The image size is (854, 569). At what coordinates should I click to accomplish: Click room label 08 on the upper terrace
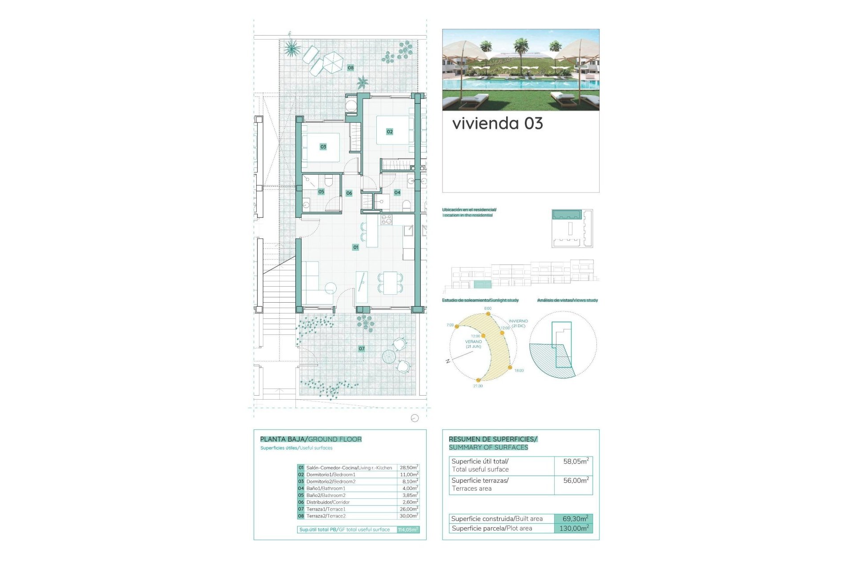(350, 68)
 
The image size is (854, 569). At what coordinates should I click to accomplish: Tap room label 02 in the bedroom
(390, 132)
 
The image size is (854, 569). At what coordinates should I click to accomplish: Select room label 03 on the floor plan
(323, 147)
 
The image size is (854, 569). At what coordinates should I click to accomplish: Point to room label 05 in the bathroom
(321, 192)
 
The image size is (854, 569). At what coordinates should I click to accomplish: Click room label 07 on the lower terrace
(362, 349)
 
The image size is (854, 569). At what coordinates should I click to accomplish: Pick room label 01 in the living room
(355, 247)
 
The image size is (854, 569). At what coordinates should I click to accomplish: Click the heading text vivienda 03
(497, 124)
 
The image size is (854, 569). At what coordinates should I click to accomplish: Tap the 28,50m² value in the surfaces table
(408, 468)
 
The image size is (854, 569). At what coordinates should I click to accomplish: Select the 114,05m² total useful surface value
(408, 529)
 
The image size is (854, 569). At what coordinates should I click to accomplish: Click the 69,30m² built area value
(575, 519)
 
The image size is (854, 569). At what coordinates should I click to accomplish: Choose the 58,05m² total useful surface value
(576, 461)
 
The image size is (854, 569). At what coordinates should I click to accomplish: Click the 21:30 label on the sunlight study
(478, 386)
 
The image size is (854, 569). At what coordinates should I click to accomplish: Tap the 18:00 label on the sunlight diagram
(519, 370)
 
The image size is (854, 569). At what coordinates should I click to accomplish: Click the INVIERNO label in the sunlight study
(518, 321)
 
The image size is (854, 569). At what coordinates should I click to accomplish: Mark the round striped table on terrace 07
(389, 357)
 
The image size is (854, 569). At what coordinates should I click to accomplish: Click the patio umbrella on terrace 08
(331, 61)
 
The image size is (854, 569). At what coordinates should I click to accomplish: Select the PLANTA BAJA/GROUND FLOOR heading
(310, 439)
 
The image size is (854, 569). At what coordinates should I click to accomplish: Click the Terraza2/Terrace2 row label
(326, 516)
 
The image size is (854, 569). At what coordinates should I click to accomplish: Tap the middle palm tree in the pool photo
(521, 45)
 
